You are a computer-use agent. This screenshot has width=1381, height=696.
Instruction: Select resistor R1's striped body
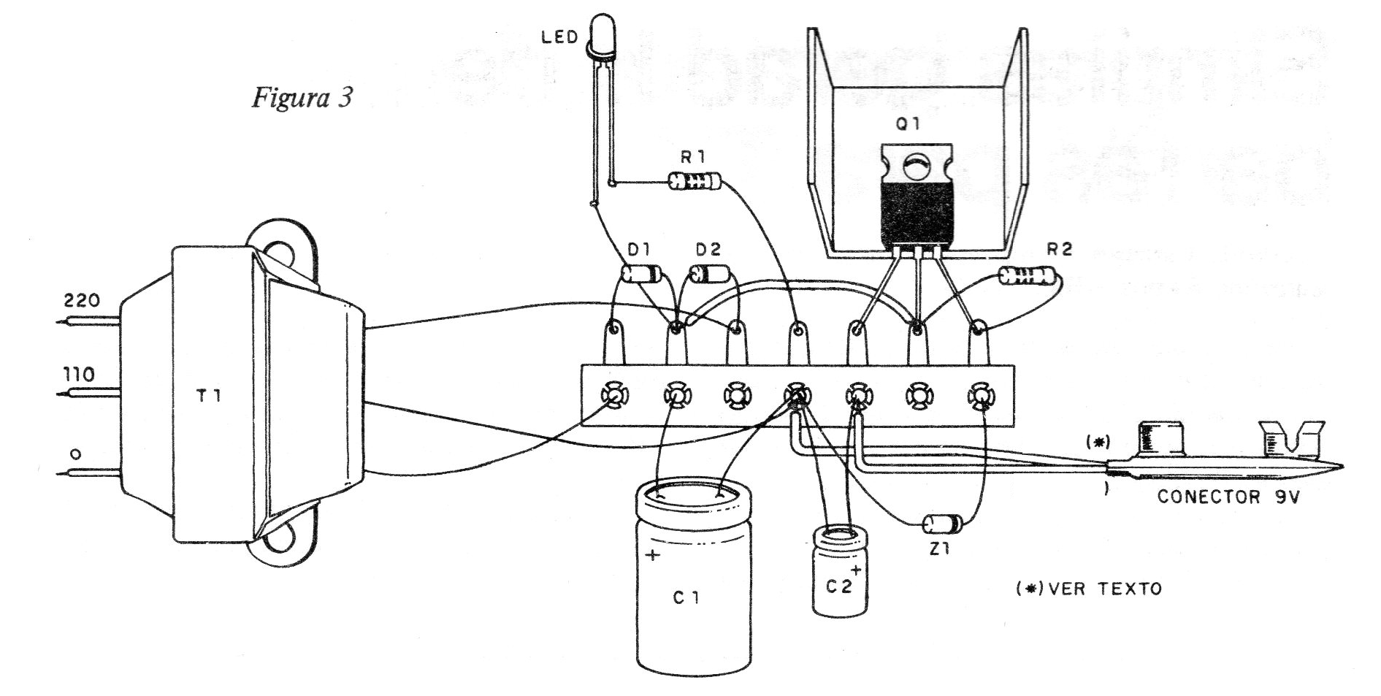click(x=695, y=180)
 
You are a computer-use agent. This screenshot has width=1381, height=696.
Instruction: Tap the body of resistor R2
click(x=1028, y=276)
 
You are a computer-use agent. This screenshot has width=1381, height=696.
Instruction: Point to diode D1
click(x=640, y=275)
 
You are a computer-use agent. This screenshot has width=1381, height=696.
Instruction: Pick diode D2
click(x=708, y=274)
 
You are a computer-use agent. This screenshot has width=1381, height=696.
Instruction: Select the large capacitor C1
click(x=693, y=576)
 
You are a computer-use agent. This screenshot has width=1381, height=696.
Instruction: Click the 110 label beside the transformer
click(x=79, y=375)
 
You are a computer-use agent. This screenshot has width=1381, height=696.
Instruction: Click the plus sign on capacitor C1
click(x=652, y=556)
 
